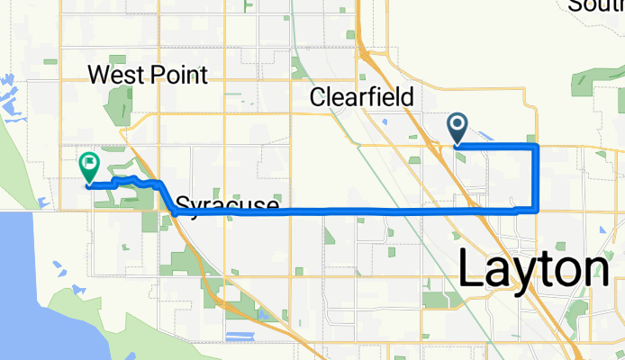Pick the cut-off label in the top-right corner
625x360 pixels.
596,6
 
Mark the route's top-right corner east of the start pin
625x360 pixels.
537,145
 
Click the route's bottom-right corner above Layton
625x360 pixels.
537,210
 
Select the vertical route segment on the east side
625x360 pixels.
537,177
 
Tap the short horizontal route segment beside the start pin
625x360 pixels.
496,145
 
